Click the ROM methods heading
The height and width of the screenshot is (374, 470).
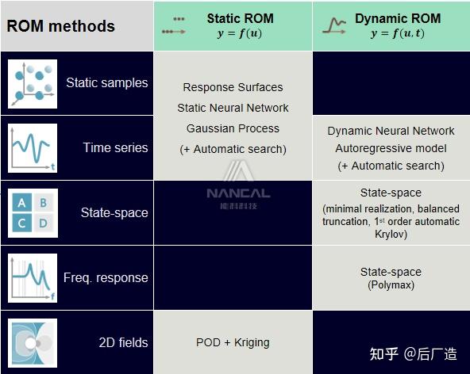point(61,26)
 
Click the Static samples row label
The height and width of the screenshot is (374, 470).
point(106,82)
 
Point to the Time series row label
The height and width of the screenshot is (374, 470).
point(115,147)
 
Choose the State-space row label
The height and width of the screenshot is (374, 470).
point(114,212)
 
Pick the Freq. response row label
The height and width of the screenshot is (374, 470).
point(106,277)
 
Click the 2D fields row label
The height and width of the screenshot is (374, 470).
point(123,342)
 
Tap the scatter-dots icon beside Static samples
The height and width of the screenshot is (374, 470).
point(33,82)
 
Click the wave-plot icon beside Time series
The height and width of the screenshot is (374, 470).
point(33,147)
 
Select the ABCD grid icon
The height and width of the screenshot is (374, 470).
point(33,212)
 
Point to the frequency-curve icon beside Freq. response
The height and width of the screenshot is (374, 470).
point(33,277)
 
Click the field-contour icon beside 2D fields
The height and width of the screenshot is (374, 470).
point(33,343)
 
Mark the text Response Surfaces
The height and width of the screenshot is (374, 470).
point(233,87)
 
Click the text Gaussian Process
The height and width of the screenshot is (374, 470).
point(233,128)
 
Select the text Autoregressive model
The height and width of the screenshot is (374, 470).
point(391,148)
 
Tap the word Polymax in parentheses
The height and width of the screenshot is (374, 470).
point(391,285)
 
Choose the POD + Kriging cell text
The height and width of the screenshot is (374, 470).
point(233,342)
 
